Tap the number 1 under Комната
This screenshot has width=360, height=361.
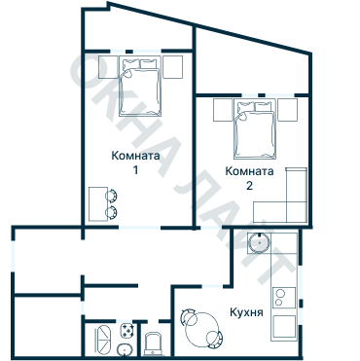coord(136,170)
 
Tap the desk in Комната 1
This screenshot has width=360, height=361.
coord(99,202)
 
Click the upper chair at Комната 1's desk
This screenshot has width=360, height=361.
coord(113,195)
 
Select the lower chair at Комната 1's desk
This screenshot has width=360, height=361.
coord(113,210)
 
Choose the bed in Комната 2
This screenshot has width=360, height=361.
coord(255,131)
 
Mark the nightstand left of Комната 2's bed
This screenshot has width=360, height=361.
coord(223,109)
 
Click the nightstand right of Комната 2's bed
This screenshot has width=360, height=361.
coord(288,109)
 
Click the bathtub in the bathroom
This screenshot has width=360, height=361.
coord(103,340)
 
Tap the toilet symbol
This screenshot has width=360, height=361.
coord(153,343)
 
